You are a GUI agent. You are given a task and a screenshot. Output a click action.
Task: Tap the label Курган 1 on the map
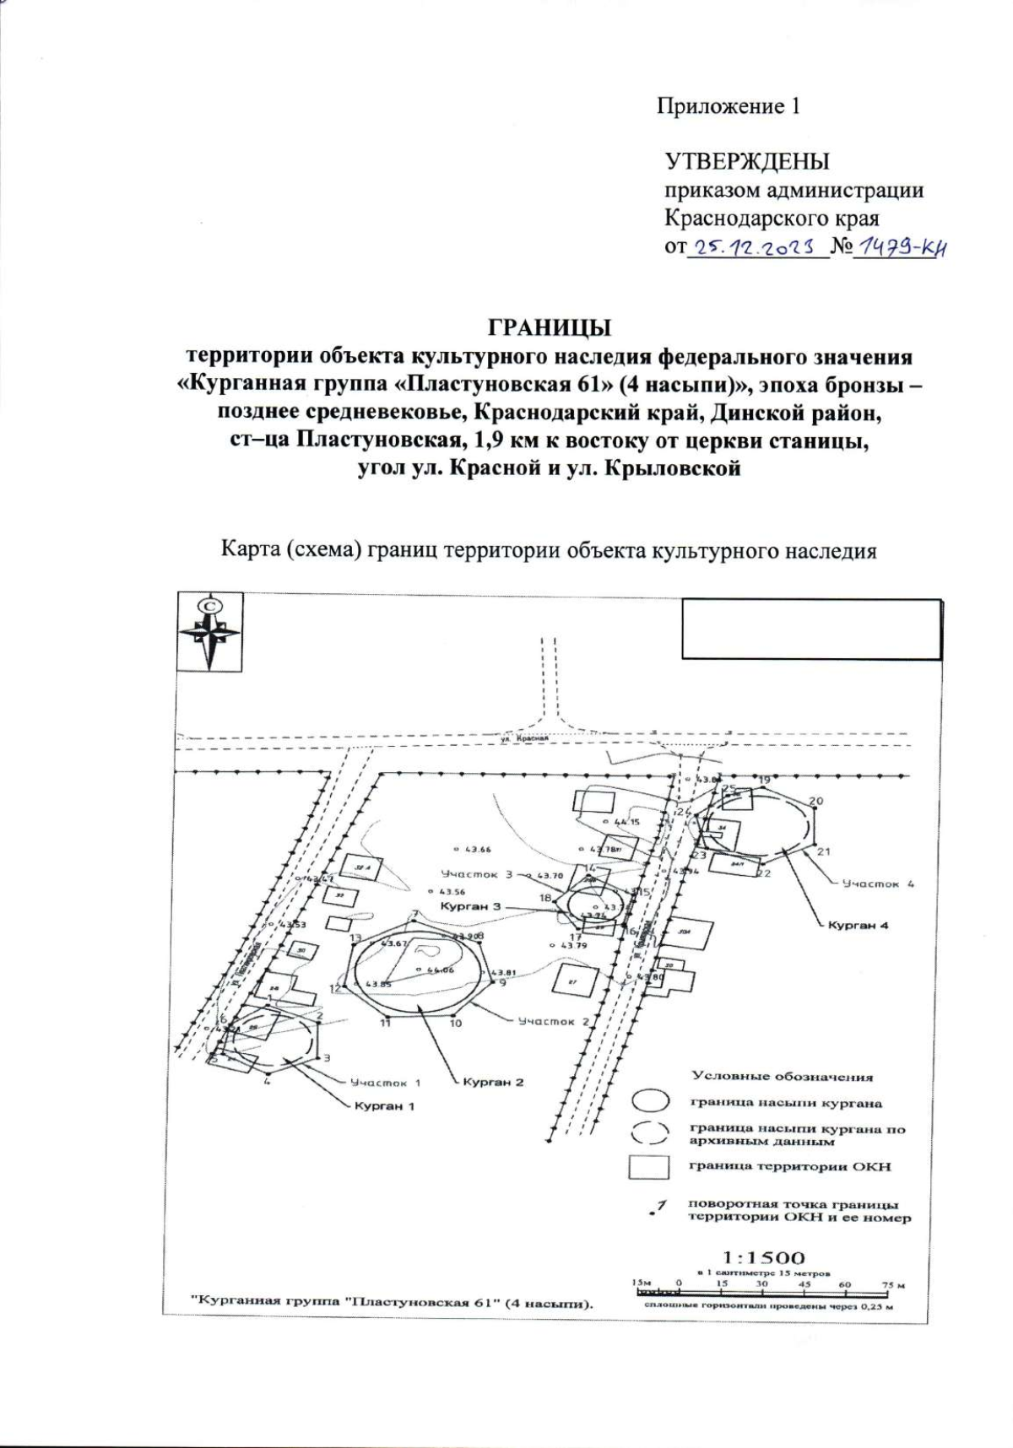point(385,1105)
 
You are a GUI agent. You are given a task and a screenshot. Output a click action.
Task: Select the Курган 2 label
point(494,1082)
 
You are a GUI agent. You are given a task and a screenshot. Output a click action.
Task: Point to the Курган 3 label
point(471,905)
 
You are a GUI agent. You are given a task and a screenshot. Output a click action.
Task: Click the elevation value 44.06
point(441,970)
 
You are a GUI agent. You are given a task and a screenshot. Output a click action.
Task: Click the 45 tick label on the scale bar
point(804,1283)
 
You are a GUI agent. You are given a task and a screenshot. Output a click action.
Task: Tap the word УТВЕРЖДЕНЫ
point(746,161)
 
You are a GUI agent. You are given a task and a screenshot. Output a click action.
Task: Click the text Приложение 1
point(728,106)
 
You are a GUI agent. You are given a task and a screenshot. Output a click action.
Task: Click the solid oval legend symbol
point(651,1102)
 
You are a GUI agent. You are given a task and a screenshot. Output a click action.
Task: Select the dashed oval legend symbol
point(651,1134)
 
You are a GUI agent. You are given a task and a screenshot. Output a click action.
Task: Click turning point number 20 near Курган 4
point(815,801)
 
